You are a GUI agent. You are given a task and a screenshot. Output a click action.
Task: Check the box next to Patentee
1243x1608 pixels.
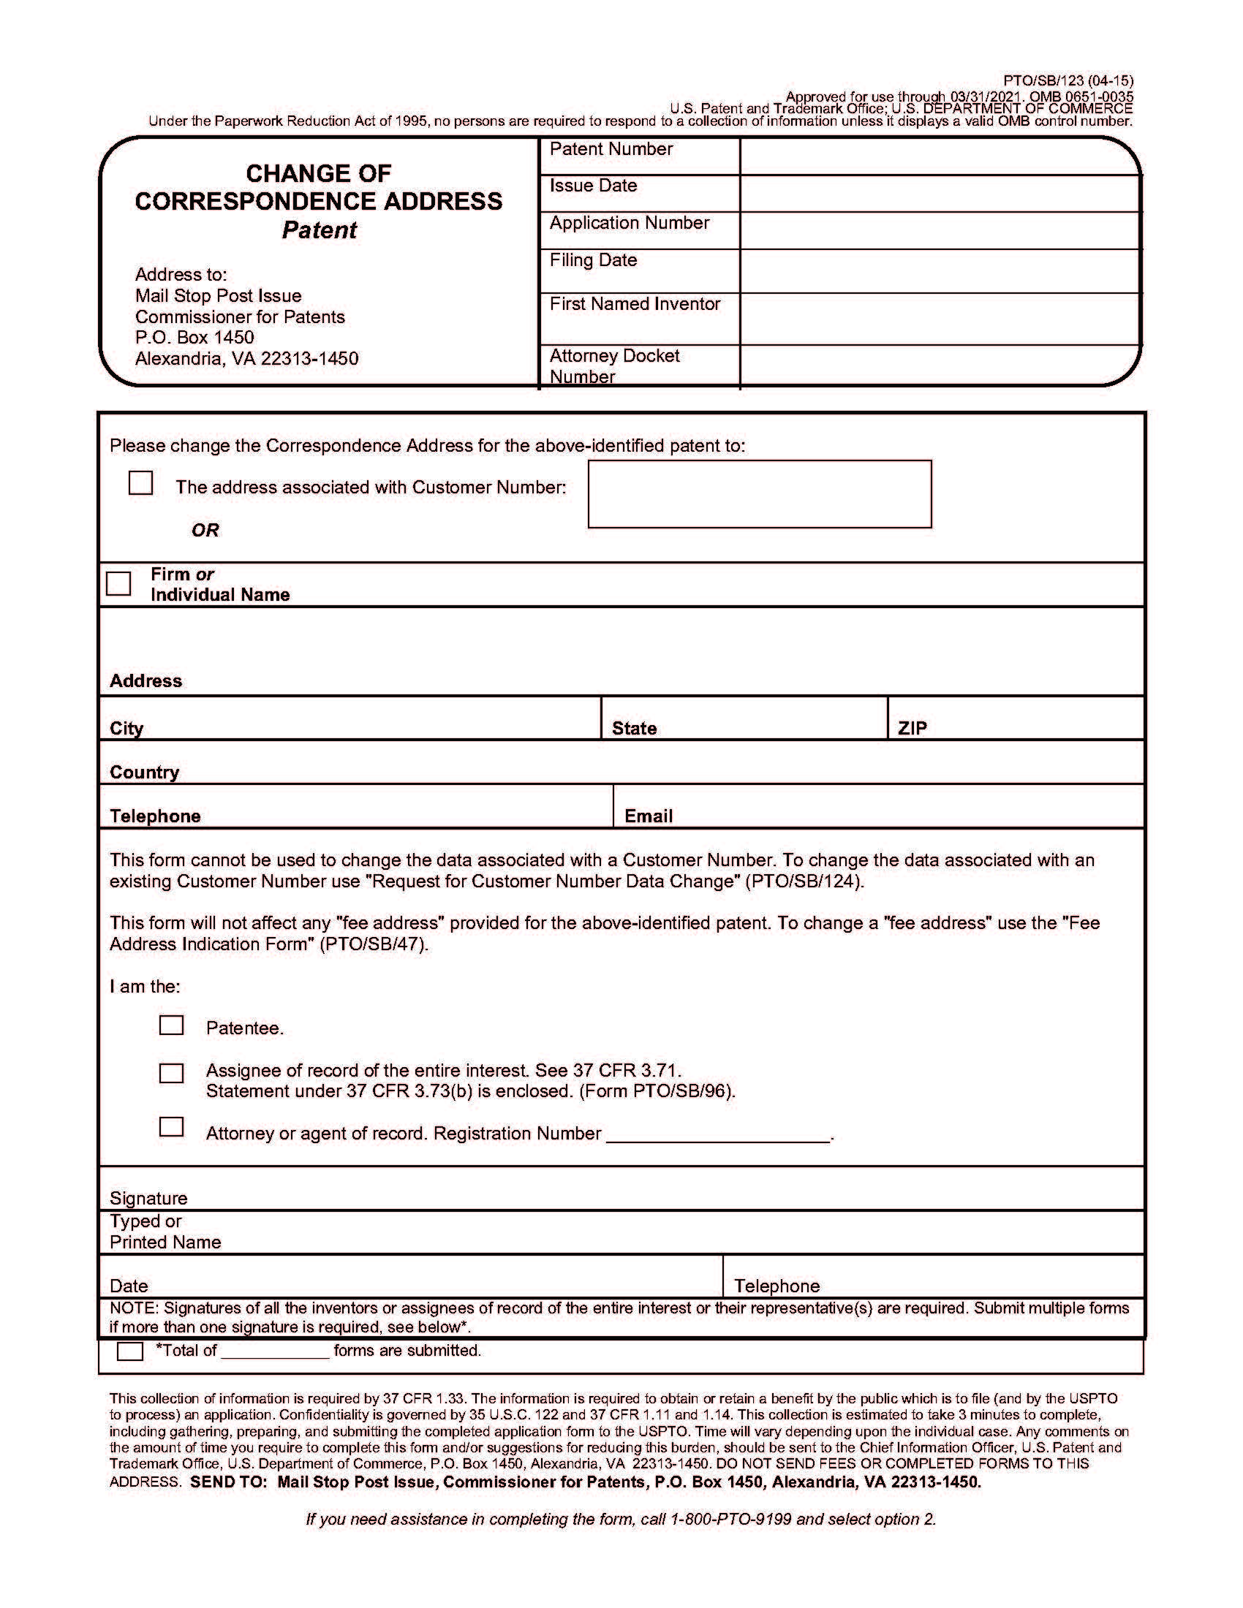click(171, 1025)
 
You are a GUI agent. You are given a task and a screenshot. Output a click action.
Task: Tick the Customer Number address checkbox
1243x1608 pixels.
click(140, 483)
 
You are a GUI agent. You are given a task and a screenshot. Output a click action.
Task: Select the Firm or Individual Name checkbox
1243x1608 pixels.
click(118, 583)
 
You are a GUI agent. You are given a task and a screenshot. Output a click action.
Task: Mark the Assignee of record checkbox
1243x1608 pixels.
click(171, 1073)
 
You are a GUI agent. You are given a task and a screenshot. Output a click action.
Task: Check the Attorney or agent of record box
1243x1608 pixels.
click(171, 1126)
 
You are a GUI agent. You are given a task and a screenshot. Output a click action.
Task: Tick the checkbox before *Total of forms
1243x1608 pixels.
click(130, 1351)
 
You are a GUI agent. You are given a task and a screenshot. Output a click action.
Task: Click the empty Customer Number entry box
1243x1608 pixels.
click(759, 494)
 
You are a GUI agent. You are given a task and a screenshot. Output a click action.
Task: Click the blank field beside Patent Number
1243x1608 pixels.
click(939, 156)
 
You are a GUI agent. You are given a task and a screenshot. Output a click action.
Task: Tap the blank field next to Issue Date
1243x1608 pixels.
click(939, 194)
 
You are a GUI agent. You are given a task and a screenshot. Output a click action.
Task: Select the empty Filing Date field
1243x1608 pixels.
click(939, 271)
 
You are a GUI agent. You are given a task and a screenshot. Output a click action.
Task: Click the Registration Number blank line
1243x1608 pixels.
click(718, 1134)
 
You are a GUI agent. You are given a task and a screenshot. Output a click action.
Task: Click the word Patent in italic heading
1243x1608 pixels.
click(319, 230)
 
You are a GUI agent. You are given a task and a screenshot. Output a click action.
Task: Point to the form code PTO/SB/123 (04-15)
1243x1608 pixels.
click(1068, 81)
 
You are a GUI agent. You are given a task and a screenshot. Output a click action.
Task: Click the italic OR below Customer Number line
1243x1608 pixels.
click(205, 530)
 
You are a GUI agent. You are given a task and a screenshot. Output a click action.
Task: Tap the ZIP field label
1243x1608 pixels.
click(913, 728)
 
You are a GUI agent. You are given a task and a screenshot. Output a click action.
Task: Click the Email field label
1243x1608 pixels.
click(648, 816)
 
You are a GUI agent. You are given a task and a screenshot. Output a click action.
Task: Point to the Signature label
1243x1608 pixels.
click(148, 1198)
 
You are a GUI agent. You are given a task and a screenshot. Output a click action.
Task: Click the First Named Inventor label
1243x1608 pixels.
click(635, 304)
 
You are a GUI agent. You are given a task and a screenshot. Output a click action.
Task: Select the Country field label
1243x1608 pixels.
click(144, 772)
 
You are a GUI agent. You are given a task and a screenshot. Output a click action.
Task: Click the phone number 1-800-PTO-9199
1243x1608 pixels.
click(730, 1519)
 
